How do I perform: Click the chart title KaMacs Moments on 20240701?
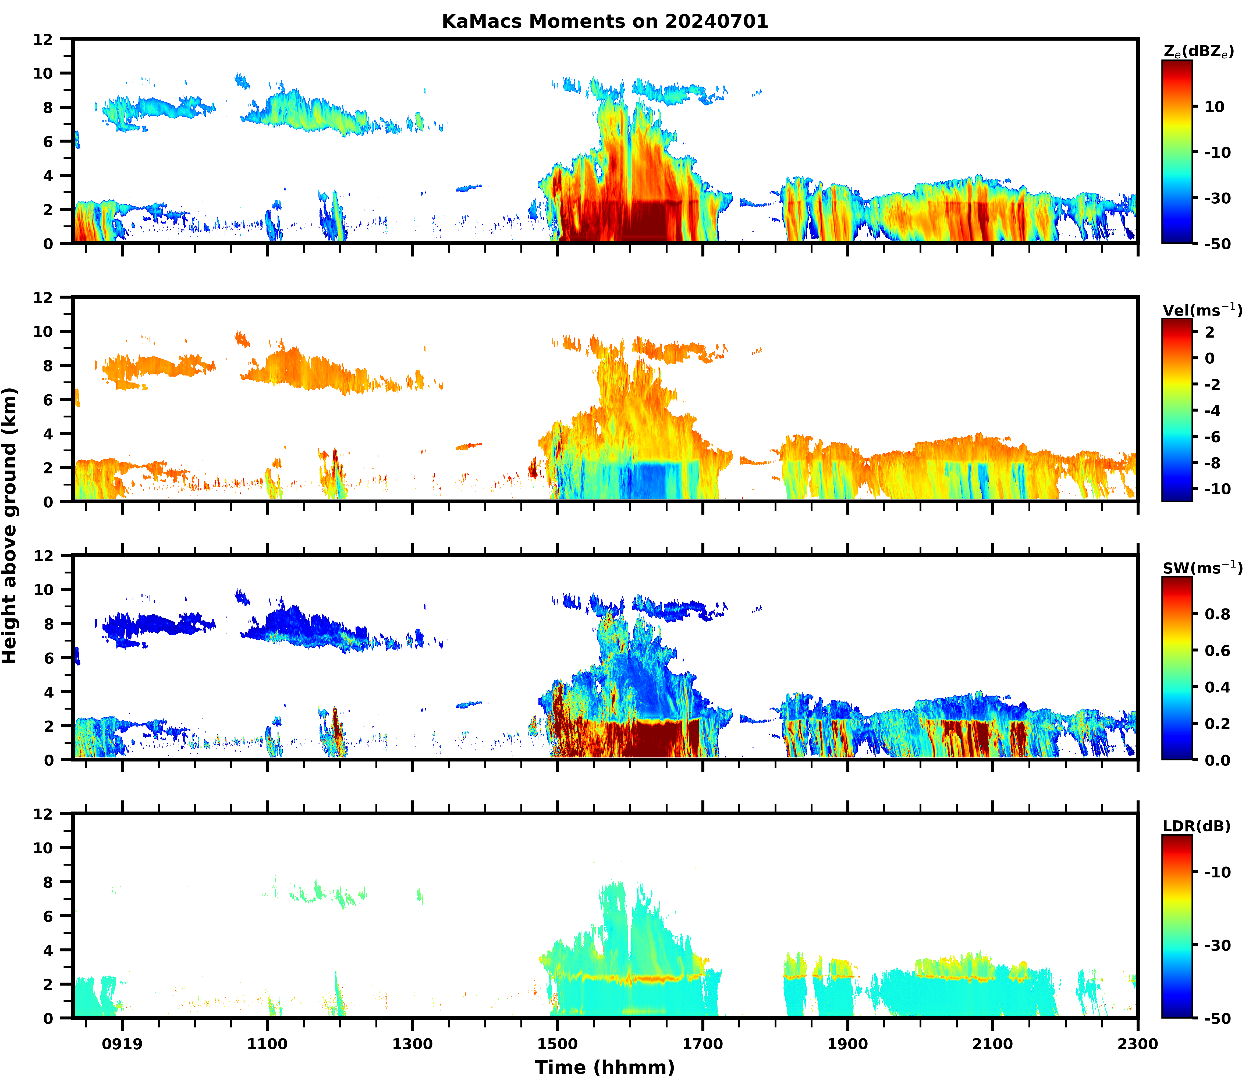(605, 21)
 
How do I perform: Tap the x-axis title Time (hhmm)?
(605, 1067)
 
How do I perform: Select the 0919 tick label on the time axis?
(122, 1044)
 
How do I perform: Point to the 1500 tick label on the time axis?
(558, 1044)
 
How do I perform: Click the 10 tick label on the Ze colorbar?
(1214, 107)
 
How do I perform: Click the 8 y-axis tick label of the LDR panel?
(48, 881)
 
